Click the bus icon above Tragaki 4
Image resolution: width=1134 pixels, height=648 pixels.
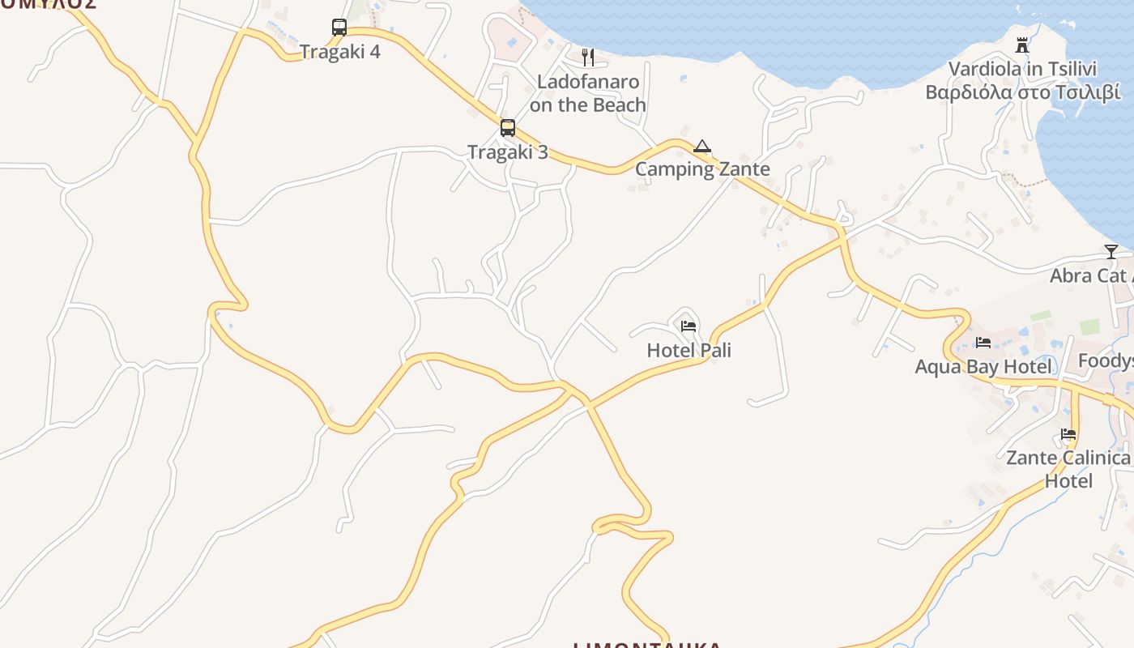click(x=339, y=28)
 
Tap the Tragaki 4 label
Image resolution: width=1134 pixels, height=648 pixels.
click(x=339, y=52)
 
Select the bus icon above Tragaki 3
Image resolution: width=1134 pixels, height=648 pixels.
click(x=508, y=128)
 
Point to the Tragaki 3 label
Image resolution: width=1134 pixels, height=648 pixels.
click(x=508, y=152)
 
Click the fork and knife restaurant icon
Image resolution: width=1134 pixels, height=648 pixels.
click(x=588, y=57)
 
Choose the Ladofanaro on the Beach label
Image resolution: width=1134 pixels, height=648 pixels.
click(x=588, y=93)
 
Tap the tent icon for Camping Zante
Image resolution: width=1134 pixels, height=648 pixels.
click(x=702, y=147)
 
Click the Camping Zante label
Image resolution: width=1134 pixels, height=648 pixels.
click(x=702, y=169)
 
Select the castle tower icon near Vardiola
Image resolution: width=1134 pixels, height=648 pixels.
click(x=1022, y=45)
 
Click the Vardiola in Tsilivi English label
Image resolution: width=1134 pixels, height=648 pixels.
click(x=1022, y=69)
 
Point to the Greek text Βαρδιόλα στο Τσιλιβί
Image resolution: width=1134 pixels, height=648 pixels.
click(x=1023, y=92)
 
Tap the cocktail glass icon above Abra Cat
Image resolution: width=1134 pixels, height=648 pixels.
click(x=1111, y=252)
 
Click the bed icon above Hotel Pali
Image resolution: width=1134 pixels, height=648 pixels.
click(x=688, y=326)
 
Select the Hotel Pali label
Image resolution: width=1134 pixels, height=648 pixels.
click(x=688, y=350)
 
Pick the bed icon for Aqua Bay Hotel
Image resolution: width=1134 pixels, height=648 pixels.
click(x=983, y=343)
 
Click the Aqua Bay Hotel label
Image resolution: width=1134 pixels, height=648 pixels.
click(x=983, y=367)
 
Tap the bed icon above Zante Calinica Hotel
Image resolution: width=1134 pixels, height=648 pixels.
click(x=1068, y=434)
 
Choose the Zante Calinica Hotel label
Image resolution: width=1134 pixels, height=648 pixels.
click(x=1068, y=469)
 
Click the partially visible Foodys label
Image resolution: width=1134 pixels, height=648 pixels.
click(x=1106, y=360)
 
